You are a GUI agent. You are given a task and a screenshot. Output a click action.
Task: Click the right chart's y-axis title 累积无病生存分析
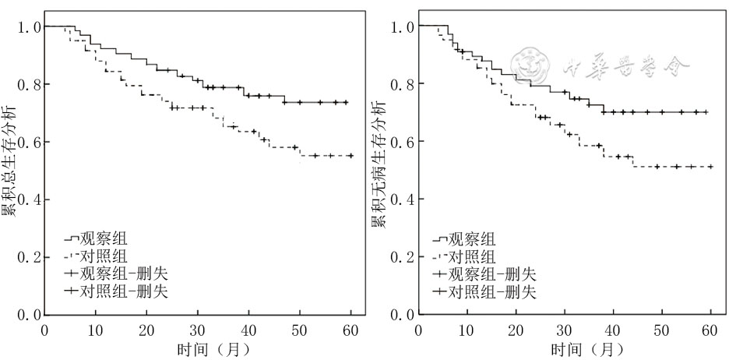(379, 164)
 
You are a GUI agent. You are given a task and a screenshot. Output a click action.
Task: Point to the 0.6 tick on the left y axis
(29, 142)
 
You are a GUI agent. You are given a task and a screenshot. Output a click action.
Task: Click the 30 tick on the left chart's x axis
(198, 329)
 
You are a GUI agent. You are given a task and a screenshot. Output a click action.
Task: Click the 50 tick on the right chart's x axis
(660, 329)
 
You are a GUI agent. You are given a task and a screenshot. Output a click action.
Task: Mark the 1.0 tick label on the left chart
(29, 27)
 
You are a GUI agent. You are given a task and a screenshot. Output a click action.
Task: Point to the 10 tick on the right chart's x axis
(466, 329)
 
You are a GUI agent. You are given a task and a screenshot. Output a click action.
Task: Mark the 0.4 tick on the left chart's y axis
(29, 199)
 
